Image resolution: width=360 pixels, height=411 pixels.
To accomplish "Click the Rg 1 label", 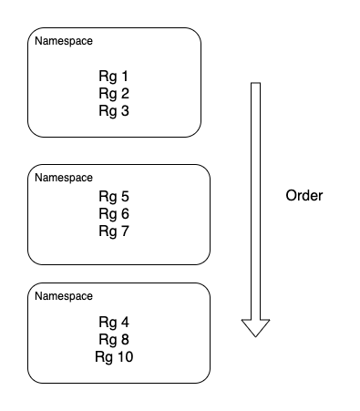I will (114, 76).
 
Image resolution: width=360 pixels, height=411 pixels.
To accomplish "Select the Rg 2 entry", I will (114, 93).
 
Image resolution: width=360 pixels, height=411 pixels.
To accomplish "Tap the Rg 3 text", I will (114, 110).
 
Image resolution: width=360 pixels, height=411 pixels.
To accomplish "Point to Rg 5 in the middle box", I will (114, 196).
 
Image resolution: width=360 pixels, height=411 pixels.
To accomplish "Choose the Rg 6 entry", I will (114, 213).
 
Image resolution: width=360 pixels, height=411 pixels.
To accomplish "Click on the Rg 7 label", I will (114, 231).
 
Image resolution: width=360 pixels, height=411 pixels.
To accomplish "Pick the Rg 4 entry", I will (114, 322).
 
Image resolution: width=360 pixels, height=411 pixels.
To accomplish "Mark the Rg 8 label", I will (114, 339).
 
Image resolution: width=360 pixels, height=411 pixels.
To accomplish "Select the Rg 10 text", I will (114, 356).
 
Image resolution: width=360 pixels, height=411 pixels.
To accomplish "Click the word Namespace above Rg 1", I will (63, 42).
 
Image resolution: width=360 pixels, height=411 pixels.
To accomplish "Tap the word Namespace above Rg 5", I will (63, 177).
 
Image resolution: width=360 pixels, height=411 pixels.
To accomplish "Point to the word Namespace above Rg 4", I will (63, 296).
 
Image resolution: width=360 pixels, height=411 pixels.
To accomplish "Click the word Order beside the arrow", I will (303, 196).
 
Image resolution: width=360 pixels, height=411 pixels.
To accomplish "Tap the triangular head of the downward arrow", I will (256, 327).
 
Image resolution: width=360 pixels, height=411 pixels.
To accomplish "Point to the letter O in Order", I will (291, 196).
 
